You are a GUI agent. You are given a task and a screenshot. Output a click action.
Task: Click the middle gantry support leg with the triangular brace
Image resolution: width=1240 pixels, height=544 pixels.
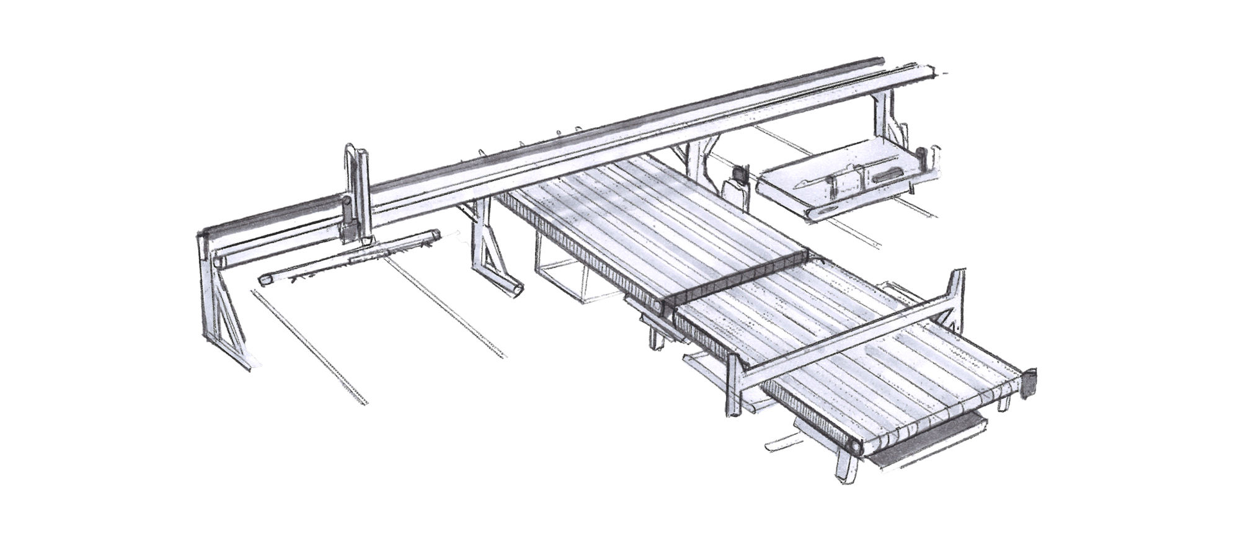tap(490, 254)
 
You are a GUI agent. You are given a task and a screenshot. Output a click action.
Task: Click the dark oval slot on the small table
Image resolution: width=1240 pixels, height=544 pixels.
tap(890, 176)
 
